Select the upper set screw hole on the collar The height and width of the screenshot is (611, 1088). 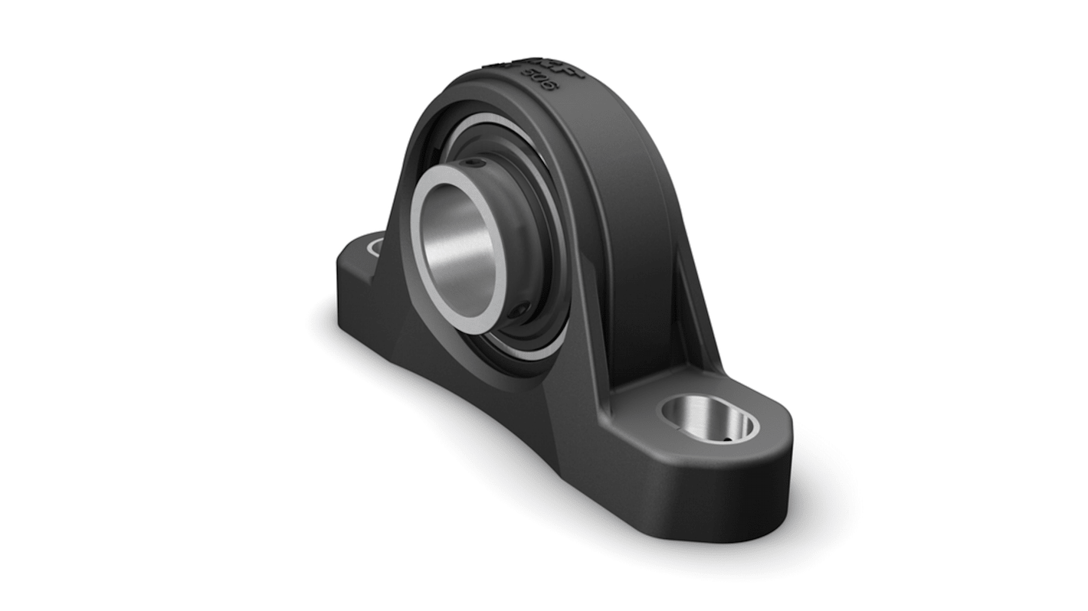click(x=477, y=162)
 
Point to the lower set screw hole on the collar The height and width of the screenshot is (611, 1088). click(x=522, y=310)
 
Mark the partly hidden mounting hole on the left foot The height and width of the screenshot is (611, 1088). click(x=376, y=247)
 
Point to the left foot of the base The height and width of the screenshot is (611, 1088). click(x=360, y=268)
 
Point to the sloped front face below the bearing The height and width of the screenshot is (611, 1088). click(x=490, y=383)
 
